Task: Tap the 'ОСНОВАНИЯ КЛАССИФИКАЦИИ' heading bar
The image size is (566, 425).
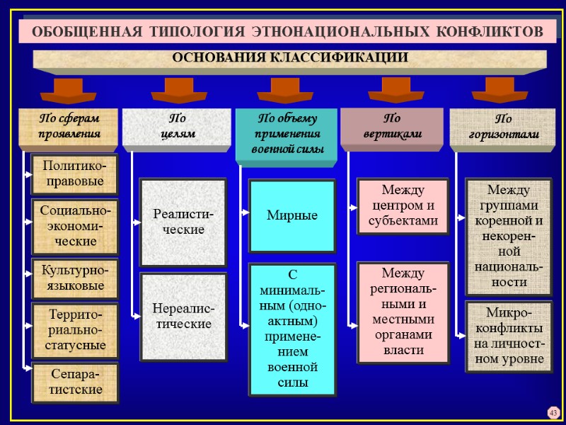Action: tap(290, 59)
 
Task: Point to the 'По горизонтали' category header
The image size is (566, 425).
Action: tap(504, 127)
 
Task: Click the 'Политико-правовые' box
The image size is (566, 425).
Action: tap(74, 174)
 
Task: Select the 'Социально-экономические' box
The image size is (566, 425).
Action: tap(74, 226)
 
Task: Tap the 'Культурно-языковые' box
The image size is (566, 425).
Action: tap(74, 278)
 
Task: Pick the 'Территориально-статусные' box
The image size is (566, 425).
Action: tap(74, 329)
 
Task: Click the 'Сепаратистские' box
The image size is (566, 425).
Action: tap(74, 382)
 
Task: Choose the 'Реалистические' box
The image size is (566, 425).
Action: tap(183, 222)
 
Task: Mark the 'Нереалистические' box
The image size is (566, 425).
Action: tap(183, 316)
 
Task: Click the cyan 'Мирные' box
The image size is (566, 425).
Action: tap(291, 215)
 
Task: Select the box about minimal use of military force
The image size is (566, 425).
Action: tap(291, 329)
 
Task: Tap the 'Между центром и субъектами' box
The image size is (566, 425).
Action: tap(403, 206)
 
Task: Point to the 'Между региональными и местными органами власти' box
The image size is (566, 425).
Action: tap(403, 312)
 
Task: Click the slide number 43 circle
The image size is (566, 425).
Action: tap(553, 413)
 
